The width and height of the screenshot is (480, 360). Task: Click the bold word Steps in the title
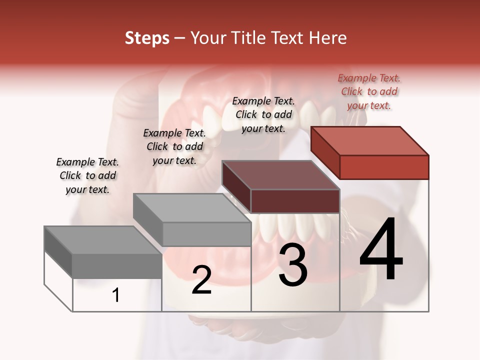pos(147,38)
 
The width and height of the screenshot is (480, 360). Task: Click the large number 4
pos(381,250)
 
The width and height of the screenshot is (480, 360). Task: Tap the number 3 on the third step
pos(293,265)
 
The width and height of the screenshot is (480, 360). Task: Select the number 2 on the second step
pos(201,280)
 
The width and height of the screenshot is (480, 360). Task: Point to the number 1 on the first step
pos(116,295)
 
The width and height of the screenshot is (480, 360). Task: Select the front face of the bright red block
pos(384,167)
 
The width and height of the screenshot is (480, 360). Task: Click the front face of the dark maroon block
pos(295,201)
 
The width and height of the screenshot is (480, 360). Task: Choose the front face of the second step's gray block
pos(206,234)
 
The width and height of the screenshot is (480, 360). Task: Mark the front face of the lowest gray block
pos(117,266)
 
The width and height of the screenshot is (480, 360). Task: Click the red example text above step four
pos(369,91)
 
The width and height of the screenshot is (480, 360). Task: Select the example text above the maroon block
pos(263,114)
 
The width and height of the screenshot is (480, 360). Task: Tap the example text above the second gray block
pos(174,146)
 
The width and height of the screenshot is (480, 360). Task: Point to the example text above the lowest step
pos(87,175)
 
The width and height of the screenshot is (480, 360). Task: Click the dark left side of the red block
pos(325,152)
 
